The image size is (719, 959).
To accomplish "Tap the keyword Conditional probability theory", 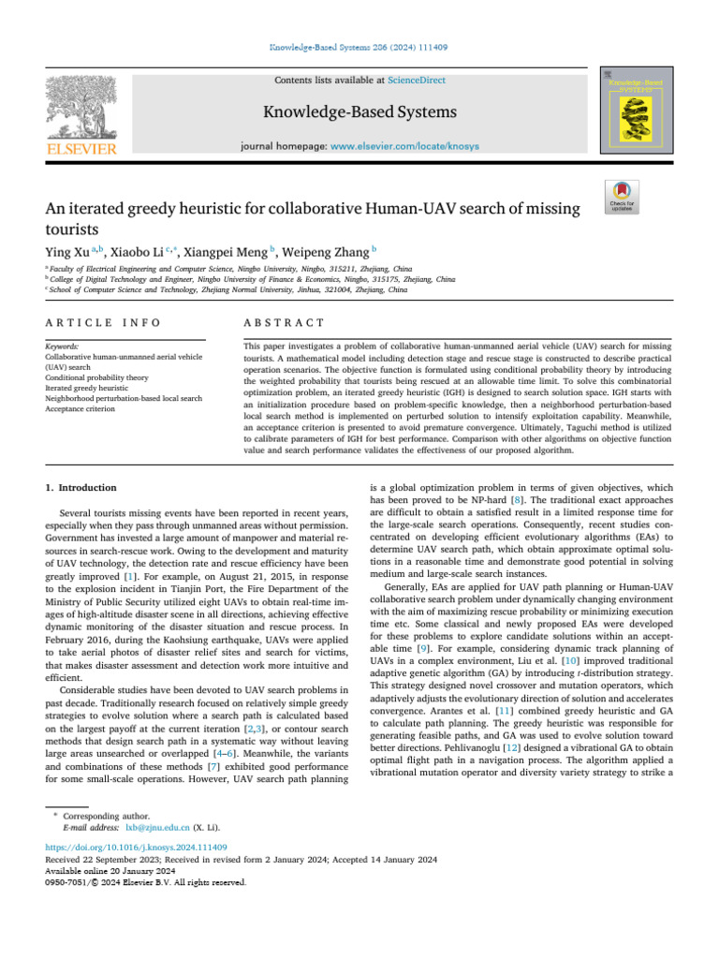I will tap(98, 376).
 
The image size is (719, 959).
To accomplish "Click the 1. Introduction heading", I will tap(81, 488).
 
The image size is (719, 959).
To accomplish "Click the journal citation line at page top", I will tap(359, 46).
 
